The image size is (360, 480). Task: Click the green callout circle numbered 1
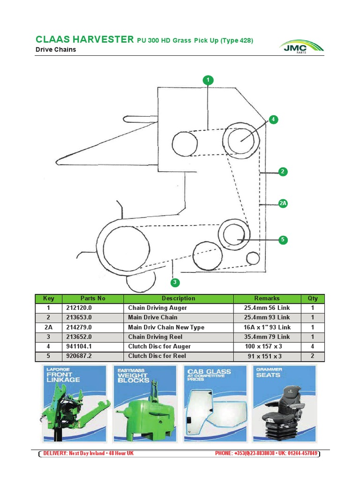click(x=208, y=80)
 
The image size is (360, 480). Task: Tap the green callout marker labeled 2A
click(x=282, y=203)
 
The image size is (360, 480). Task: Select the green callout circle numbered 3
click(x=174, y=282)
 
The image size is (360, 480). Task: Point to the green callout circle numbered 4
click(x=273, y=120)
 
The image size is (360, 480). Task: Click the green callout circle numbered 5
click(x=282, y=240)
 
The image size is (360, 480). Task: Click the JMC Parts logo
click(x=301, y=47)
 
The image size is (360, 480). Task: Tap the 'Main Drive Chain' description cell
click(x=153, y=317)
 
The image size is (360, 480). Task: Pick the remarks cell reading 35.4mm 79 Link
click(x=267, y=337)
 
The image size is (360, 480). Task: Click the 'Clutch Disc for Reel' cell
click(x=156, y=356)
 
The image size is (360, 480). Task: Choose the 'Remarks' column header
click(x=267, y=298)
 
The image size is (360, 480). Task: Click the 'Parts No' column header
click(x=93, y=298)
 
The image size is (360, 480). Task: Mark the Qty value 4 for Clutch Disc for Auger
click(x=312, y=346)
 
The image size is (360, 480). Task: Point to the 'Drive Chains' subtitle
click(x=56, y=49)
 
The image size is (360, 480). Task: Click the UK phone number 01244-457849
click(x=301, y=453)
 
